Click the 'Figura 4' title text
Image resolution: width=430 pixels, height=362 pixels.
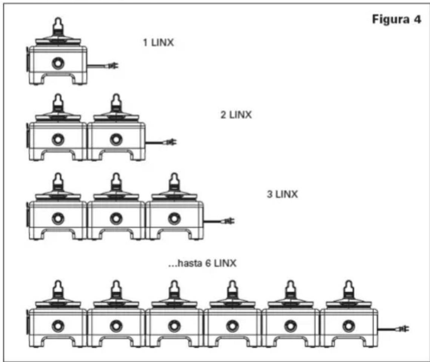coord(396,19)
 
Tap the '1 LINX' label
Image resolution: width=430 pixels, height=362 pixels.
coord(158,43)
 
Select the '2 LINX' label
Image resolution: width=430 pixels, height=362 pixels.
coord(236,115)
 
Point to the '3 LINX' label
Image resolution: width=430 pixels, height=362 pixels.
coord(283,194)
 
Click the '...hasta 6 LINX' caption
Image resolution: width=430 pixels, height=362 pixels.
coord(203,263)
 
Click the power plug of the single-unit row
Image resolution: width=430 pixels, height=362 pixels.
coord(113,66)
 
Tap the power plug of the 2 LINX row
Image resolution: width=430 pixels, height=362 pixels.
coord(171,142)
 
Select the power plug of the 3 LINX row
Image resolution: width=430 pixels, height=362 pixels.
coord(229,221)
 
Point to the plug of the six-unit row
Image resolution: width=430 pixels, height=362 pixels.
coord(403,328)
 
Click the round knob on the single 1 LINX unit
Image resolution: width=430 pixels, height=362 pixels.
coord(58,64)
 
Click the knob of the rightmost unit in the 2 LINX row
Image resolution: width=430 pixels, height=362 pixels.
coord(116,140)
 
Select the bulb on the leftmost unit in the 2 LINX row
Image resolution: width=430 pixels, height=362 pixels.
coord(58,102)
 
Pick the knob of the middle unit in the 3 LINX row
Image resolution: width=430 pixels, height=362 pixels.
coord(116,219)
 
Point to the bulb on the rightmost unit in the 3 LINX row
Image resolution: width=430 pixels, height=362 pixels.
coord(174,181)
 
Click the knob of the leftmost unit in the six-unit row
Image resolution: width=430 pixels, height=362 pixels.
coord(58,326)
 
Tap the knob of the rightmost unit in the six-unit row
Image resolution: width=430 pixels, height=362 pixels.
coord(349,326)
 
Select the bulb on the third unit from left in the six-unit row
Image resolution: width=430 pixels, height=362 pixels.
coord(174,288)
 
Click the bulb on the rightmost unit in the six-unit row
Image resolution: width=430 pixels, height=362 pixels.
coord(349,288)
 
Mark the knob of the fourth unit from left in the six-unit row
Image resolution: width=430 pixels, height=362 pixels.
coord(233,326)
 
